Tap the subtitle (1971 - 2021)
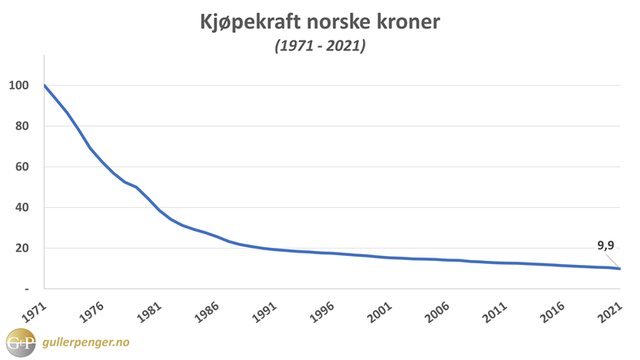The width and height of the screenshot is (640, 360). click(319, 47)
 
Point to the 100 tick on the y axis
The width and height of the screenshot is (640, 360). click(19, 85)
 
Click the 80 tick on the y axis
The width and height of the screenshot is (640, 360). click(22, 126)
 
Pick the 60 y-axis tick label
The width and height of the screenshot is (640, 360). click(22, 167)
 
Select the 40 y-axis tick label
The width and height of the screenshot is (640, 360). click(22, 207)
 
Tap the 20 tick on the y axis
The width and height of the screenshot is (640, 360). click(22, 248)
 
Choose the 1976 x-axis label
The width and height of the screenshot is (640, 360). click(87, 310)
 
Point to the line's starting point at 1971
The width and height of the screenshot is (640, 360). click(45, 85)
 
